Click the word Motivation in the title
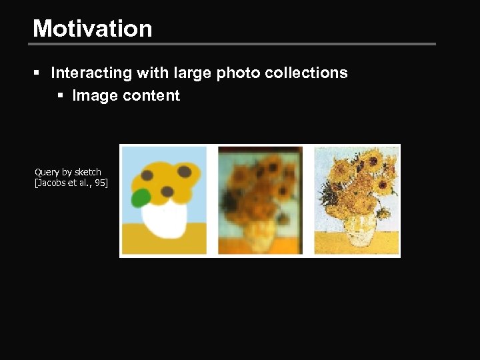[x=93, y=28]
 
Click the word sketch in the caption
[x=87, y=172]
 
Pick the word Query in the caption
[x=47, y=172]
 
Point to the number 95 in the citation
[x=100, y=183]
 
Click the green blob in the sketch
[x=141, y=198]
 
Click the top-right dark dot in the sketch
[x=185, y=172]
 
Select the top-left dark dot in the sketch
[x=146, y=176]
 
